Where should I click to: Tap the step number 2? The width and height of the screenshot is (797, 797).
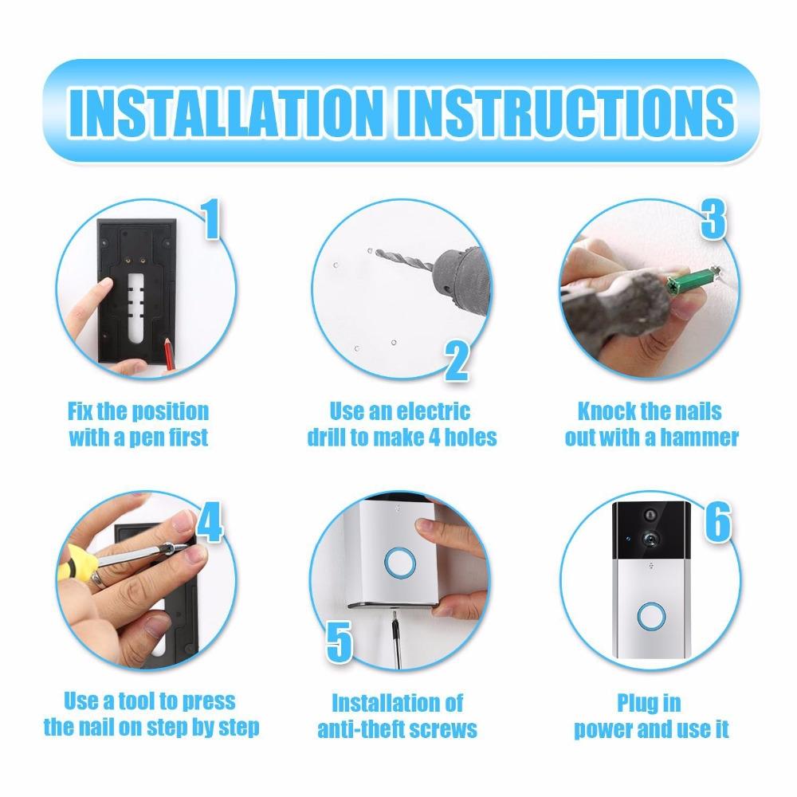(x=456, y=362)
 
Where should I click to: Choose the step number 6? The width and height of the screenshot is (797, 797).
(x=717, y=524)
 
